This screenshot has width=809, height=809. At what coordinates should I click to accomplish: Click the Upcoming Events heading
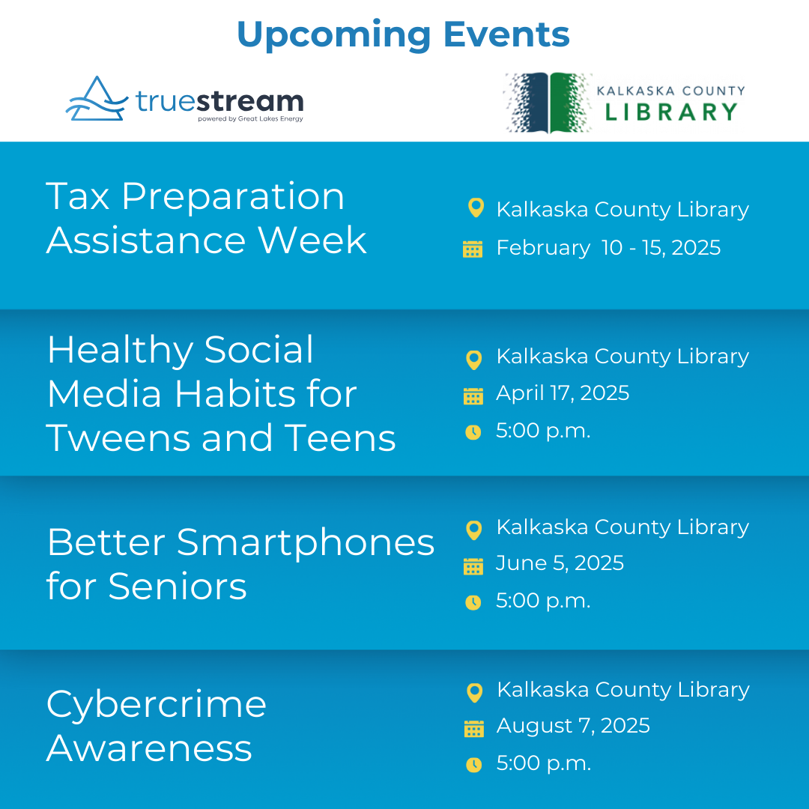[x=403, y=35]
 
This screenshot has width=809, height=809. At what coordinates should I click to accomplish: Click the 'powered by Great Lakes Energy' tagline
[x=250, y=118]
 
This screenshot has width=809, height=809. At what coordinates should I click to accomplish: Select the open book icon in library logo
[x=548, y=103]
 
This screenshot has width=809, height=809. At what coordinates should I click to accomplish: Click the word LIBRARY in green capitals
[x=671, y=112]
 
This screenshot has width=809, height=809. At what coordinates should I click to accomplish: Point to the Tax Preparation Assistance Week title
[x=206, y=218]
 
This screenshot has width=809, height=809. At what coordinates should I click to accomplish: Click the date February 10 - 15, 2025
[x=608, y=248]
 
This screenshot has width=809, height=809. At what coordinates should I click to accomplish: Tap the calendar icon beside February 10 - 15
[x=473, y=249]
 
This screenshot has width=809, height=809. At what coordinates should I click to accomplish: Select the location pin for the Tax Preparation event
[x=476, y=208]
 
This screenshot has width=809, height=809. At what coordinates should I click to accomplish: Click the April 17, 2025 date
[x=563, y=393]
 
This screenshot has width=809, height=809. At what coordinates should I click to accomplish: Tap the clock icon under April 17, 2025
[x=473, y=432]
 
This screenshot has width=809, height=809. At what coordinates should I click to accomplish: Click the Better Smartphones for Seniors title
[x=240, y=564]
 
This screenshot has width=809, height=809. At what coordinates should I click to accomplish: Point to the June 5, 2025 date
[x=560, y=563]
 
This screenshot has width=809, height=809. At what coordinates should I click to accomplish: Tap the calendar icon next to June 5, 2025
[x=473, y=566]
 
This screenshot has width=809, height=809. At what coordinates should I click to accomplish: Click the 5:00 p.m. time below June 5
[x=543, y=601]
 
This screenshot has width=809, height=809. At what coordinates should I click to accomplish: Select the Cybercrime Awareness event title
[x=157, y=726]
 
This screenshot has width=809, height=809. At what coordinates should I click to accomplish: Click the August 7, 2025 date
[x=573, y=725]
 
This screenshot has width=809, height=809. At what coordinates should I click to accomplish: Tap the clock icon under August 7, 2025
[x=473, y=765]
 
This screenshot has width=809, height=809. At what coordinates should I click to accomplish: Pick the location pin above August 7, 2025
[x=474, y=693]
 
